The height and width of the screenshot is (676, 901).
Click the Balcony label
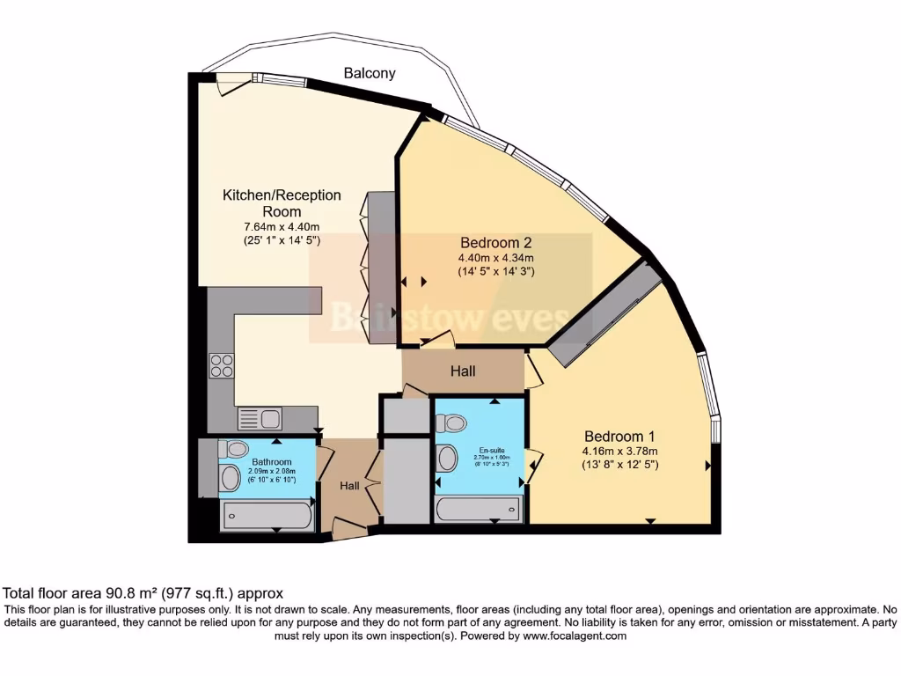(370, 74)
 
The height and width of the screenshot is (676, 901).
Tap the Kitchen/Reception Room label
(281, 203)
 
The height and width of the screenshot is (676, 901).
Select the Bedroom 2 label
(495, 242)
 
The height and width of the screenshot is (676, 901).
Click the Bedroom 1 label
(619, 437)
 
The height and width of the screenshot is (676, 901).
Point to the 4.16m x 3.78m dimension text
(619, 452)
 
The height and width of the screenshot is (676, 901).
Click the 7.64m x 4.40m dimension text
(281, 226)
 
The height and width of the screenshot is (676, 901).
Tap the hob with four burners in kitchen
(222, 365)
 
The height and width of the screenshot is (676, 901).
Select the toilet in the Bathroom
(232, 449)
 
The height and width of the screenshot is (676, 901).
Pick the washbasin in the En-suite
(447, 458)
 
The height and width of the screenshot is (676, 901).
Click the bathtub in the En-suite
(479, 510)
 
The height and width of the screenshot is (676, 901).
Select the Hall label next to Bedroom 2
(463, 371)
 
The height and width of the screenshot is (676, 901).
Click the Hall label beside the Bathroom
(350, 486)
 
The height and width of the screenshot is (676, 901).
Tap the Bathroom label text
(272, 461)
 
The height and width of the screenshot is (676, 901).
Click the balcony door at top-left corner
(233, 84)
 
